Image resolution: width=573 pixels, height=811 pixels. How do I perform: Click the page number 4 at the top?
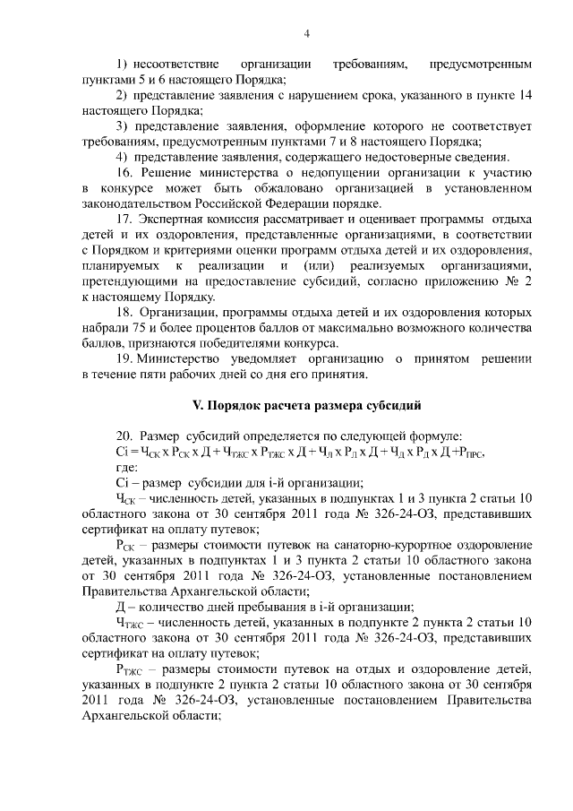[x=306, y=35]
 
